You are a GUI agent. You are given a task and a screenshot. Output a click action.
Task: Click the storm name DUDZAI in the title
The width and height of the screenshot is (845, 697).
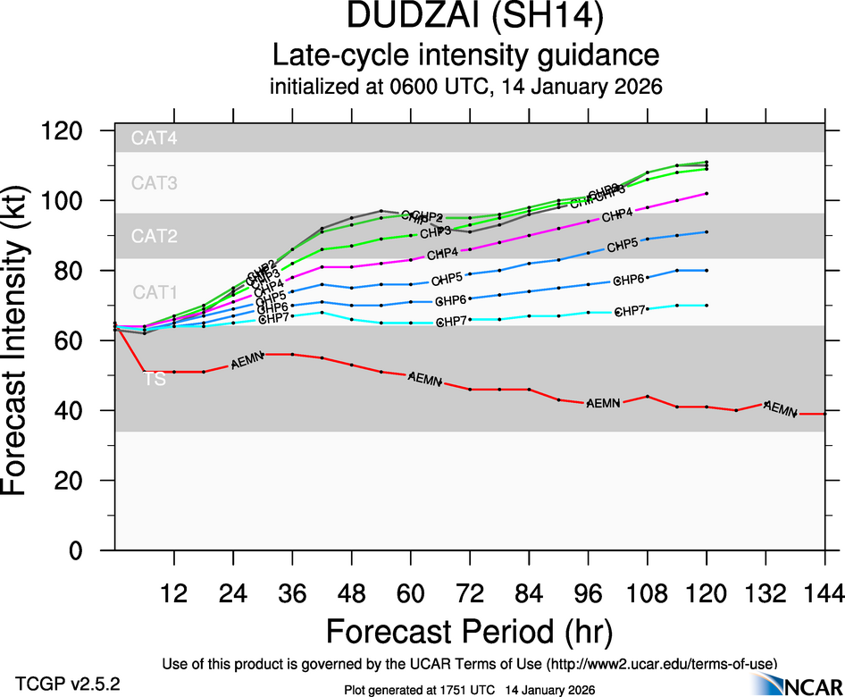(x=403, y=17)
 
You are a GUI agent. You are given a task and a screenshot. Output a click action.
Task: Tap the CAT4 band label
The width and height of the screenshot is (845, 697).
(x=155, y=139)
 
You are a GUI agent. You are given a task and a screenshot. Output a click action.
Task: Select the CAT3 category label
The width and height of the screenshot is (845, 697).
(x=155, y=183)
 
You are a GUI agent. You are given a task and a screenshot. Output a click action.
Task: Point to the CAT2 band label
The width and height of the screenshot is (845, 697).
(x=155, y=237)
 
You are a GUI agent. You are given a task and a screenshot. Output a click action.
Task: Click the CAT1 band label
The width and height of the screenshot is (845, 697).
(x=155, y=292)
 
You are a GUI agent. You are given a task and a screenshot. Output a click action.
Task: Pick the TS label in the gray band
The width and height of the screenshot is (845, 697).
(x=155, y=380)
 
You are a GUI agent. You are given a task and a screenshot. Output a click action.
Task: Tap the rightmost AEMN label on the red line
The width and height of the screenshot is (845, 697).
(x=781, y=409)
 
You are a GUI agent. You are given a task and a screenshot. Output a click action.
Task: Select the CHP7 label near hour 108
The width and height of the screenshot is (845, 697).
(x=632, y=311)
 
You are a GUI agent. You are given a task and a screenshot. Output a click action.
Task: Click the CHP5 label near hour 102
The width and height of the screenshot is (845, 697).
(x=623, y=246)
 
